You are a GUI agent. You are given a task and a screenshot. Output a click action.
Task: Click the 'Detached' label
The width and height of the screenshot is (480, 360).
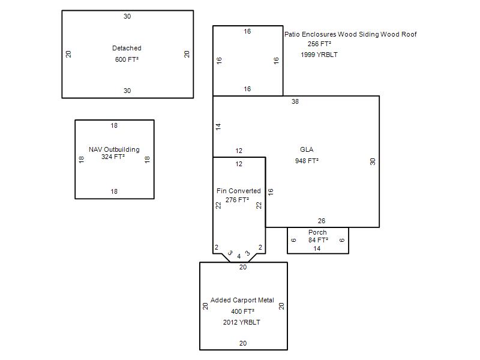pyautogui.click(x=127, y=48)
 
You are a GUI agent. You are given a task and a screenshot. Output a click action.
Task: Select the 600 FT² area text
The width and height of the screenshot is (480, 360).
pyautogui.click(x=127, y=59)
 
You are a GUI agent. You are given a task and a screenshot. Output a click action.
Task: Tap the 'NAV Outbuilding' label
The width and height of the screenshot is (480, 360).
pyautogui.click(x=114, y=149)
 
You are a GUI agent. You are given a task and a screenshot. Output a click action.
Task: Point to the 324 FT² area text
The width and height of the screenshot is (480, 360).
pyautogui.click(x=113, y=157)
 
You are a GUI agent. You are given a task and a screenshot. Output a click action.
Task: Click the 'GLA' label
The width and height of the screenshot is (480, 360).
pyautogui.click(x=307, y=149)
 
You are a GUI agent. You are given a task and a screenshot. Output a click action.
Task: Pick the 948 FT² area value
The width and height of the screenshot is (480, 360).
pyautogui.click(x=307, y=161)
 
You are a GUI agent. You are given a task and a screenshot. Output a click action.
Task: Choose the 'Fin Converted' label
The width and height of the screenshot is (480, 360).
pyautogui.click(x=238, y=191)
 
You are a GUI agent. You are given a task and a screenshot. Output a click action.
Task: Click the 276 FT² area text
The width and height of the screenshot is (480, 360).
pyautogui.click(x=237, y=200)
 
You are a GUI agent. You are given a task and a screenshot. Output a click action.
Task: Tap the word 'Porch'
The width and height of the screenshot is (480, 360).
pyautogui.click(x=317, y=232)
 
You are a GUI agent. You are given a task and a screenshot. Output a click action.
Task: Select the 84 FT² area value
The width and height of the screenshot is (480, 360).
pyautogui.click(x=318, y=240)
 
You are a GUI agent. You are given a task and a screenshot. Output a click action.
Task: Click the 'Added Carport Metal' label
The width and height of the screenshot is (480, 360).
pyautogui.click(x=242, y=300)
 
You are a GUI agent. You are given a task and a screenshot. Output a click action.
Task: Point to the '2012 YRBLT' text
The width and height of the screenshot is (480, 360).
pyautogui.click(x=242, y=322)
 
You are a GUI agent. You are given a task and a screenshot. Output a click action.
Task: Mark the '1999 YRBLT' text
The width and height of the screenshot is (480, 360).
pyautogui.click(x=319, y=55)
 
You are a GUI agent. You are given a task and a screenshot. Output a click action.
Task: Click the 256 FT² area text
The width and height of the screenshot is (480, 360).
pyautogui.click(x=319, y=44)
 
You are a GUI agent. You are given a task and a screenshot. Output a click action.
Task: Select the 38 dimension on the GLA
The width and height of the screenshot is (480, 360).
pyautogui.click(x=295, y=101)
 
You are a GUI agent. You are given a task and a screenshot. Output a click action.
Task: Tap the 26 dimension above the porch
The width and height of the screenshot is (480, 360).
pyautogui.click(x=322, y=221)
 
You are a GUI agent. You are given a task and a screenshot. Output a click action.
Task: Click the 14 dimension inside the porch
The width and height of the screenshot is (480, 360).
pyautogui.click(x=317, y=248)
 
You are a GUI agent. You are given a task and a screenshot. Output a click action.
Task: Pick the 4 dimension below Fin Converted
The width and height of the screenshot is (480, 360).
pyautogui.click(x=239, y=257)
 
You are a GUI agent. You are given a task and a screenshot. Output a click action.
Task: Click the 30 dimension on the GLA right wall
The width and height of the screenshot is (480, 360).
pyautogui.click(x=373, y=161)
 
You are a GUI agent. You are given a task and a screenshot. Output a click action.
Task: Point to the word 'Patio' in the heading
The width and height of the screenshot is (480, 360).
pyautogui.click(x=292, y=34)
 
